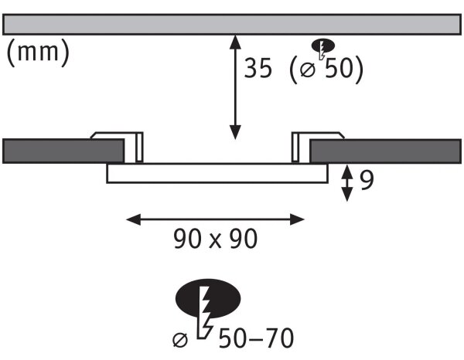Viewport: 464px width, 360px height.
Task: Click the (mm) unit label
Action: point(38,53)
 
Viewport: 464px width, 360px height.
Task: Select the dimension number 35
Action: point(258,68)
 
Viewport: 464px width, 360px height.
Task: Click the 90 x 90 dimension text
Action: point(215,238)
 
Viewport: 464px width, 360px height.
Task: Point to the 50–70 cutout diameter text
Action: point(256,338)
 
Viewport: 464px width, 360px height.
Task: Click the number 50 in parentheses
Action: point(339,68)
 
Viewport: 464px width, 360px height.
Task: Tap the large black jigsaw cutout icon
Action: point(208,307)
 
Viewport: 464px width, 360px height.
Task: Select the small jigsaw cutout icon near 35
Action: point(322,49)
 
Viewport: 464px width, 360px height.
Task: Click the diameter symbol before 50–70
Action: point(180,340)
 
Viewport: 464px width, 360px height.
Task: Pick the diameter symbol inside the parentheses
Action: point(308,70)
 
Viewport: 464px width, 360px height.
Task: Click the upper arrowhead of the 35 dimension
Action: point(235,42)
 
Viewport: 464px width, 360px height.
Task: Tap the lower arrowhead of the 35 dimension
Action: point(235,132)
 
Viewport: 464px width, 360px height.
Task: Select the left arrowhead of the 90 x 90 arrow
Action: point(133,219)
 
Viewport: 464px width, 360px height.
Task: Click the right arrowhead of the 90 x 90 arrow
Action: point(297,219)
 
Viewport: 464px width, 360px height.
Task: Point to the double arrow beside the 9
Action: point(346,183)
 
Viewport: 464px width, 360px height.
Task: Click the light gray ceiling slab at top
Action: point(232,24)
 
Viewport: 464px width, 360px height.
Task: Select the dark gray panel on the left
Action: point(63,151)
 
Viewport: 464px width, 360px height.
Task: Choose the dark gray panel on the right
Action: point(385,151)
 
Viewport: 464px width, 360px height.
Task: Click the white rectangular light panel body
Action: point(217,173)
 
